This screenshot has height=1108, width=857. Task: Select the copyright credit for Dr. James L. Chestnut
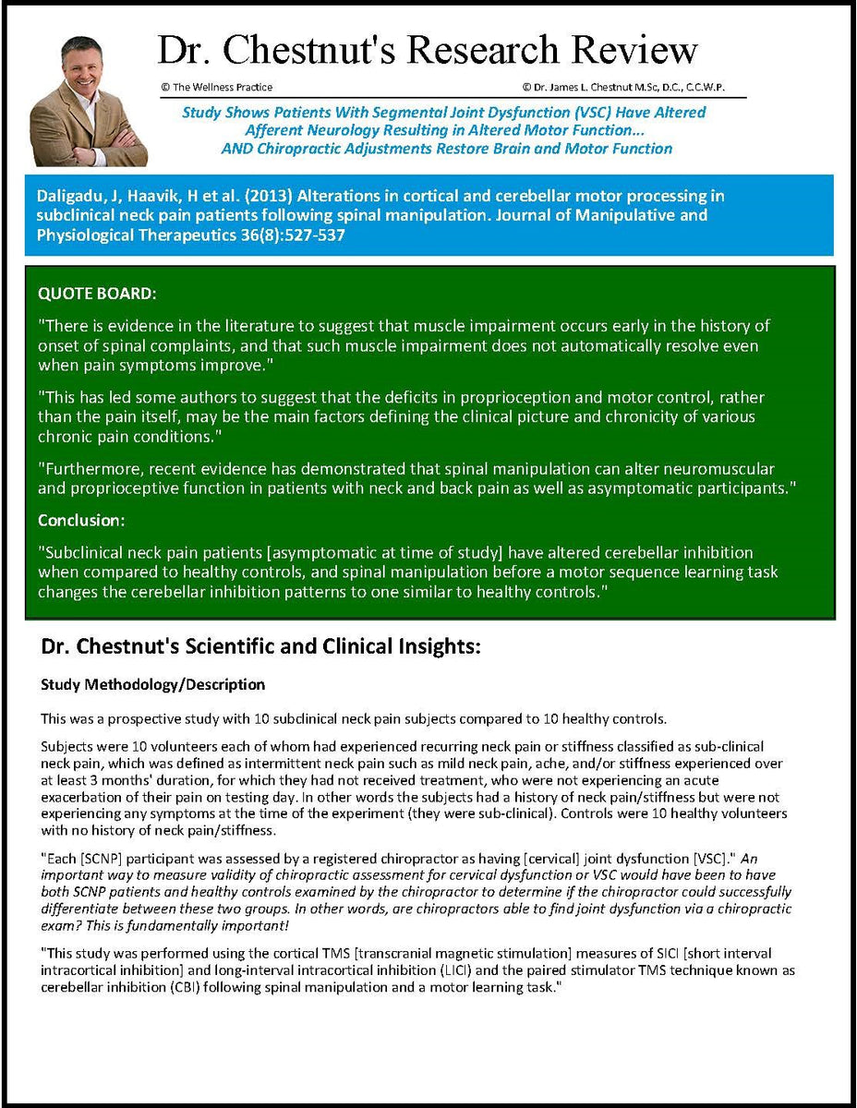pos(623,87)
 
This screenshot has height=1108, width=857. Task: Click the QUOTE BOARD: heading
pos(97,294)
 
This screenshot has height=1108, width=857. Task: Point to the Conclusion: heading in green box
pos(81,521)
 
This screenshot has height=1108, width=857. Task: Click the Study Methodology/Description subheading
pos(153,685)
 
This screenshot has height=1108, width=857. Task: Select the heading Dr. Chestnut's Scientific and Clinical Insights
pos(260,647)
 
